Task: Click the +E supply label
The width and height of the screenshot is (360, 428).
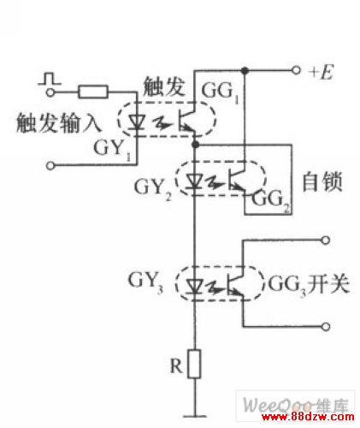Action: coord(321,72)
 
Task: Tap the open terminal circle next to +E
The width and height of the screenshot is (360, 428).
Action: coord(297,70)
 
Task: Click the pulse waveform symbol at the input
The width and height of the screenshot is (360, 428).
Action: coord(50,79)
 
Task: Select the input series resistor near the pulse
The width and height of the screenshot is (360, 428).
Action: coord(93,92)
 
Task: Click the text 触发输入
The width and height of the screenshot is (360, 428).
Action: coord(58,123)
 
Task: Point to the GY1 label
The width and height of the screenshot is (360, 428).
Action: coord(113,150)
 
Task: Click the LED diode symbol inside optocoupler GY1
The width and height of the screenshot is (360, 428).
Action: coord(136,122)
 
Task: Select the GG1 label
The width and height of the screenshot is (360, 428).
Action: coord(220,92)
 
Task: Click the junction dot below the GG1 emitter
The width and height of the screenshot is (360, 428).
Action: coord(195,145)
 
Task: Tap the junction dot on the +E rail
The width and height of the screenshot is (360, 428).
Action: coord(245,70)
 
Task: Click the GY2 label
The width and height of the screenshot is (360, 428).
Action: coord(153,189)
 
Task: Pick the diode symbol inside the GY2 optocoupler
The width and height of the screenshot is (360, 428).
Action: coord(195,182)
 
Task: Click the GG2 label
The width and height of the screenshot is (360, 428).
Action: coord(271,200)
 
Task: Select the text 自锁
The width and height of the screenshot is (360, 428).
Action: coord(322,181)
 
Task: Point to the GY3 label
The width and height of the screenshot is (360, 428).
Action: coord(145,282)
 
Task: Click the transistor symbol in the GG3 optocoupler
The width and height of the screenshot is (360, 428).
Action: coord(235,283)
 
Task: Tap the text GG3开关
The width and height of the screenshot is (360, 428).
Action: coord(309,284)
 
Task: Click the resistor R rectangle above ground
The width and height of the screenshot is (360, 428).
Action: coord(195,364)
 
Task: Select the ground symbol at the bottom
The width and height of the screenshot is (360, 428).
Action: coord(195,416)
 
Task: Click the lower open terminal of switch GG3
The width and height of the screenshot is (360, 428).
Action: coord(326,327)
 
